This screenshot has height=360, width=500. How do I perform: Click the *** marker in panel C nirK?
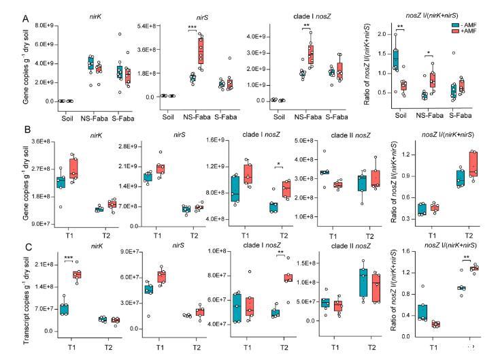68,258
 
